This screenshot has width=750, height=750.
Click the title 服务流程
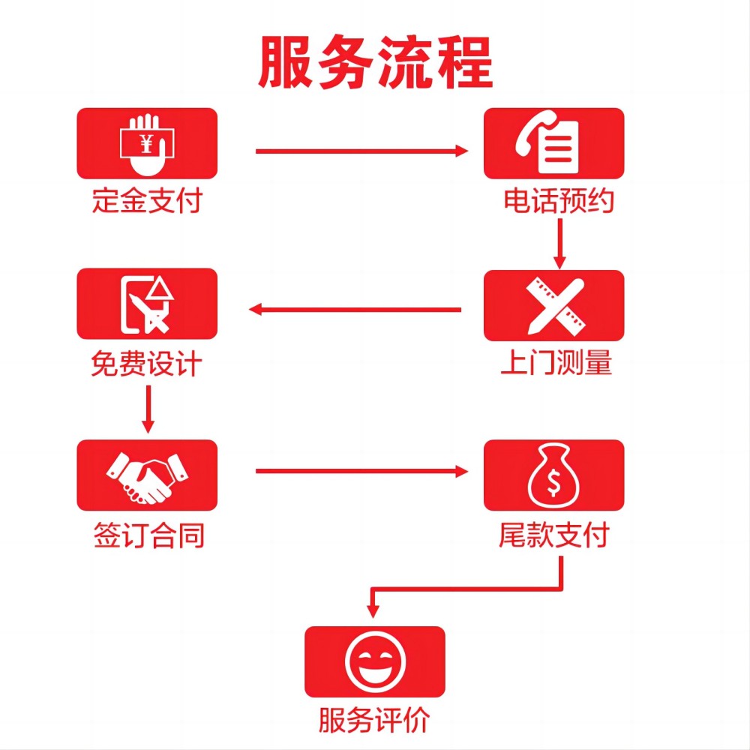point(376,62)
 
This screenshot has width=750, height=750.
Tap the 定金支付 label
point(147,200)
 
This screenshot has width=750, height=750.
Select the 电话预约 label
point(559,200)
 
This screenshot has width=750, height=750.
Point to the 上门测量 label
point(556,362)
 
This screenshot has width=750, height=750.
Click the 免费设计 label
point(146,364)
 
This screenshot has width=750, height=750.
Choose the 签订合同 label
point(148,535)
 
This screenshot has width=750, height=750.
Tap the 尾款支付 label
point(554,534)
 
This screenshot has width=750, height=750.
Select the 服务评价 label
point(374,720)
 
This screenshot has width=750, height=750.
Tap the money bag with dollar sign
point(553,475)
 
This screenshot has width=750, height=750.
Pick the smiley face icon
point(375,662)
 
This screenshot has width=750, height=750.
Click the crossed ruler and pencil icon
point(555,306)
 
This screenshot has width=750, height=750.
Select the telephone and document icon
point(547,142)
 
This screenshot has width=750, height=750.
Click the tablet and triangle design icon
point(146,304)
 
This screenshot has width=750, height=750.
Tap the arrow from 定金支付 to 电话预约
point(362,151)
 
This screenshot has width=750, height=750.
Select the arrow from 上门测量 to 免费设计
point(355,310)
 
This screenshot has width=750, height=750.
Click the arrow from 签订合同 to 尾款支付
point(362,471)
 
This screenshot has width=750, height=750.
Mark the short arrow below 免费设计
point(148,409)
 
